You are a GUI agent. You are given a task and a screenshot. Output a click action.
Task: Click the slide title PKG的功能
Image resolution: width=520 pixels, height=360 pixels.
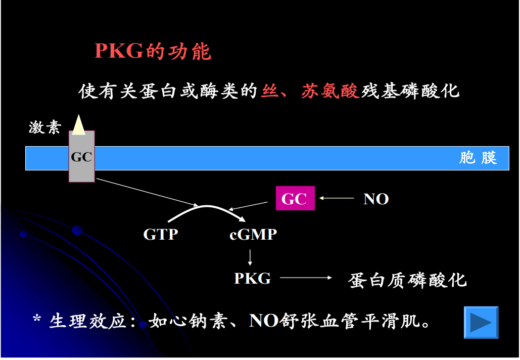[153, 51]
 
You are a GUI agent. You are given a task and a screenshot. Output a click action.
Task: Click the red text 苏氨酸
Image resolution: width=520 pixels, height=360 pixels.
[330, 91]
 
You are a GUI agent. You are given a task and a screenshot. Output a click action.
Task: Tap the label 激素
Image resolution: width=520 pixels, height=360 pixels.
[44, 127]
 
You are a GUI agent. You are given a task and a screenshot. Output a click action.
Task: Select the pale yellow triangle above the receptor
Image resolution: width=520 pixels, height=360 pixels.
[78, 125]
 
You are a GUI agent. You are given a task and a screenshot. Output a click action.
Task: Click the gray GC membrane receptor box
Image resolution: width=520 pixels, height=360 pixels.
[81, 157]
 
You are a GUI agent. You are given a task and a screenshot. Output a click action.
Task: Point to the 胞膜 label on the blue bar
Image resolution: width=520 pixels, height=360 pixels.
[478, 158]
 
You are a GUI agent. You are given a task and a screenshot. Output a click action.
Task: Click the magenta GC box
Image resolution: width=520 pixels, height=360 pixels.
[295, 198]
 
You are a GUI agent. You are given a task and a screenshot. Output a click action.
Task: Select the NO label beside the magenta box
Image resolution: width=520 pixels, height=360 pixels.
[376, 199]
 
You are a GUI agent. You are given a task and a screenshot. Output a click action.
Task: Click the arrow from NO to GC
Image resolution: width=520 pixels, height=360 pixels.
[337, 198]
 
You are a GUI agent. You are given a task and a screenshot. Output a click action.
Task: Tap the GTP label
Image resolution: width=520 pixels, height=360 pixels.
[161, 235]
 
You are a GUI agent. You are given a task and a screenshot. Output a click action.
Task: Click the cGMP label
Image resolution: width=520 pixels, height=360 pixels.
[253, 235]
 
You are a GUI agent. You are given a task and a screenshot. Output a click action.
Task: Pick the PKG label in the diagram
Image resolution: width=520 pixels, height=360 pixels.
[252, 278]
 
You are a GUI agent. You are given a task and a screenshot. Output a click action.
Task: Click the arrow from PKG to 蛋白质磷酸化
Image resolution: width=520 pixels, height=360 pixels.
[306, 278]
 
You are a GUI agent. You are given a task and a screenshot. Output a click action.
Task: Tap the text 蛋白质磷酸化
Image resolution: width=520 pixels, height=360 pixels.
[407, 280]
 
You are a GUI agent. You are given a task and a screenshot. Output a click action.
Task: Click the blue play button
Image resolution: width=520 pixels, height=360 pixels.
[481, 322]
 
